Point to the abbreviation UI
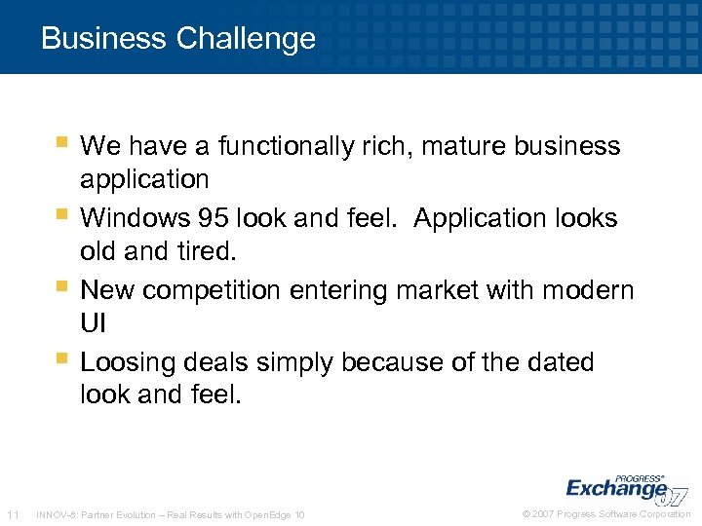coord(93,322)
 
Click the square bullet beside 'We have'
coord(61,143)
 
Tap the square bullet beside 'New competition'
coord(61,286)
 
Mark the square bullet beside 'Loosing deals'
coord(61,359)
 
